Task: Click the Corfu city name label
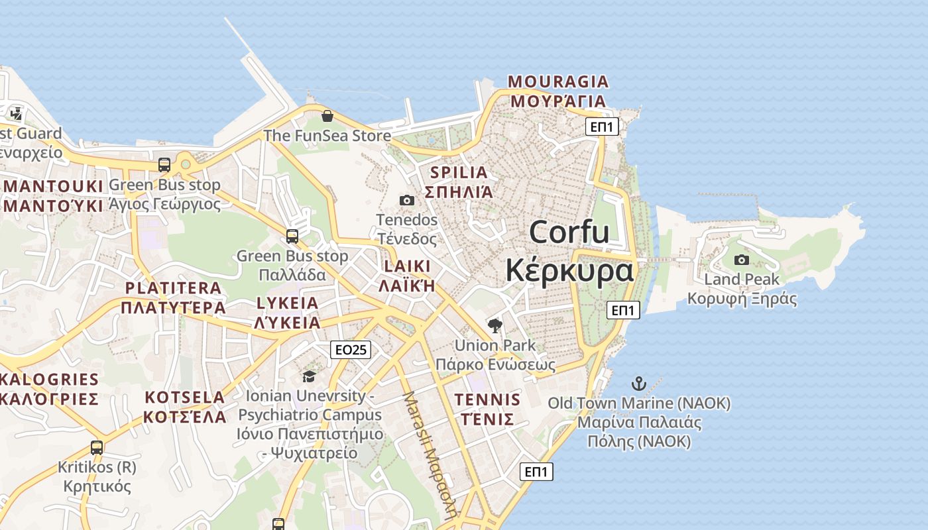coord(569,252)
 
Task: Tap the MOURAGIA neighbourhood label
coord(557,91)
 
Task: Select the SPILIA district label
coord(459,182)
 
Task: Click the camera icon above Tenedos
coord(407,200)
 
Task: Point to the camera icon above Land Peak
coord(742,260)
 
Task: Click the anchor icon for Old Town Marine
coord(638,384)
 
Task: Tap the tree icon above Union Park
coord(494,325)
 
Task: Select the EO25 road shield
coord(351,350)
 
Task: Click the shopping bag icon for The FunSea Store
coord(327,117)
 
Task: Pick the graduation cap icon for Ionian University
coord(309,377)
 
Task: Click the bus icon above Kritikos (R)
coord(97,447)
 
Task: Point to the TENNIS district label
coord(487,409)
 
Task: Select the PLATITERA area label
coord(173,297)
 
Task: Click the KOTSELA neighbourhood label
coord(185,407)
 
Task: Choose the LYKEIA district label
coord(288,313)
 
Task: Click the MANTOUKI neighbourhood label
coord(53,195)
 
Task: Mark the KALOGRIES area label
coord(50,389)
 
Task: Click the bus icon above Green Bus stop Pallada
coord(292,237)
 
